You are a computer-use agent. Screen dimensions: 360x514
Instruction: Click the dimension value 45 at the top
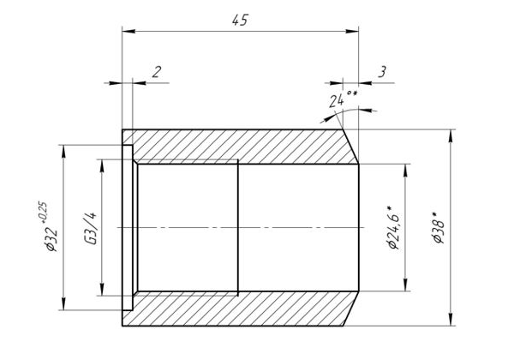(240, 21)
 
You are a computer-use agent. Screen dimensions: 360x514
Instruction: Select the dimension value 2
(156, 71)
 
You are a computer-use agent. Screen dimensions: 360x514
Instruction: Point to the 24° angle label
(342, 100)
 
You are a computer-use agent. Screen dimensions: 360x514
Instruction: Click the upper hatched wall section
(240, 145)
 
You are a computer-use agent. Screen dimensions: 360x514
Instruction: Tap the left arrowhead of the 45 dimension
(127, 32)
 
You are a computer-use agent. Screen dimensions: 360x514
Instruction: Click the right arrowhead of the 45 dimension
(353, 32)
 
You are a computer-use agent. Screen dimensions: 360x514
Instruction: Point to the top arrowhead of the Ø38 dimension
(451, 134)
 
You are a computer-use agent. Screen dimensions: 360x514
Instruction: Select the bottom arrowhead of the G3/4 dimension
(103, 290)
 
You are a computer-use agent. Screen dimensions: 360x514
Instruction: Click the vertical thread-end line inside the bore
(238, 227)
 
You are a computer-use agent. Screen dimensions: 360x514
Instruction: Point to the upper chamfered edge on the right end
(350, 144)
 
